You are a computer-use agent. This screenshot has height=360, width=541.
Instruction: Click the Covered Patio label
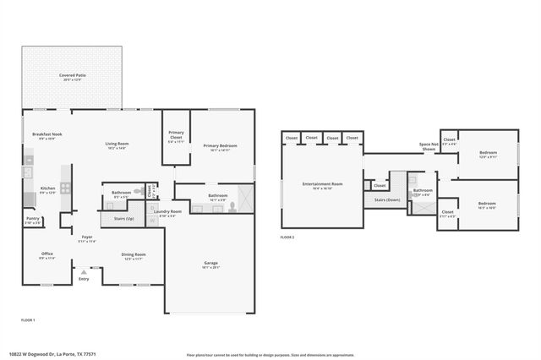point(72,75)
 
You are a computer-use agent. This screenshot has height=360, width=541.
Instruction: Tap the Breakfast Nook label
point(47,134)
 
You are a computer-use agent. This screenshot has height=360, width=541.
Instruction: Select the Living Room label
point(117,144)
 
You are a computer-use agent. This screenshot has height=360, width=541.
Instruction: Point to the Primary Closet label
point(176,133)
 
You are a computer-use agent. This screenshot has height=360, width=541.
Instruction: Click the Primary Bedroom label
point(220,145)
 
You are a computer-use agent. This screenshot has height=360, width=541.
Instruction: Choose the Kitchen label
point(48,188)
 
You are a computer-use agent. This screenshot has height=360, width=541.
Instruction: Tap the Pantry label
point(33,219)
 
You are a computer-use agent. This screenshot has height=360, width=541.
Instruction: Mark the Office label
point(47,254)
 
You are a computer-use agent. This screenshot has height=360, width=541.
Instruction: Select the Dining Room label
point(134,254)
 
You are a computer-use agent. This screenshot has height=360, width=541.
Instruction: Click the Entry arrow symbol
point(83,272)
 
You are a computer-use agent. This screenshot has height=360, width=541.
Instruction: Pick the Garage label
point(210,264)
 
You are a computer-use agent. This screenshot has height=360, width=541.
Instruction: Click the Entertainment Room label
point(322,183)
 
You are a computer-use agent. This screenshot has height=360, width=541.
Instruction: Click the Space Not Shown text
point(429,147)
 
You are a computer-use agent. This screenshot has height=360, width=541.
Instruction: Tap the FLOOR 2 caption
point(288,237)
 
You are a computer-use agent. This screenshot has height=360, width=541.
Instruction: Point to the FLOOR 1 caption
point(28,319)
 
